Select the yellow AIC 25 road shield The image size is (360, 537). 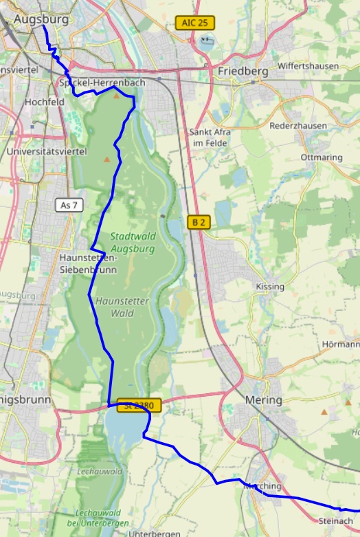click(195, 23)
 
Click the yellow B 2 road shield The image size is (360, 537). click(198, 221)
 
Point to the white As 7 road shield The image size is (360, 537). click(69, 205)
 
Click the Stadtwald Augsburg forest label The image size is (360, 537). click(133, 241)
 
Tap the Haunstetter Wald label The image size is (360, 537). click(121, 307)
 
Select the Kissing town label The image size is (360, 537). click(269, 286)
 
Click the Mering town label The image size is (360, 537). click(263, 399)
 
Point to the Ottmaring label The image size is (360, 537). click(322, 157)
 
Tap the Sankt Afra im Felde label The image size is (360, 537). click(210, 137)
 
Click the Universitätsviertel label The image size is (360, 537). click(46, 151)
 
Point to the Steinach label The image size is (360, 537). click(335, 521)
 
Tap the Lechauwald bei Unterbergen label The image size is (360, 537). click(98, 518)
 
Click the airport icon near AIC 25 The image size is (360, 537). click(207, 40)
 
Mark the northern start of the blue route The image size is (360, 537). click(43, 27)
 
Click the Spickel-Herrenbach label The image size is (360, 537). click(102, 83)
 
